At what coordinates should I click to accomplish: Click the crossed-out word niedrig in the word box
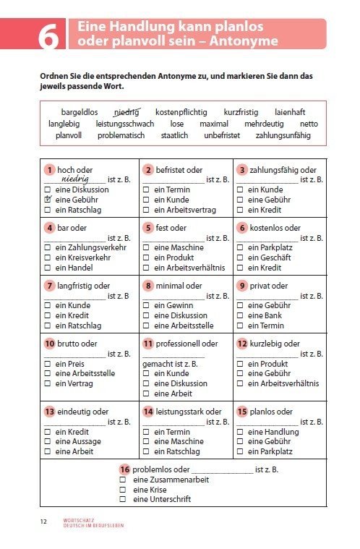click(127, 112)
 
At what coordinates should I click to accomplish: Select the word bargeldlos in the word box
click(80, 112)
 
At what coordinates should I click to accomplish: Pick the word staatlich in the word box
click(174, 135)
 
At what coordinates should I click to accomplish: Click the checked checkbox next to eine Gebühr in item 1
click(48, 200)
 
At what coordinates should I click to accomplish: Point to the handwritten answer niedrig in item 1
click(74, 177)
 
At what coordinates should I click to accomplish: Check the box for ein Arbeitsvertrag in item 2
click(146, 210)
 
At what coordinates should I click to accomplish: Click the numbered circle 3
click(241, 170)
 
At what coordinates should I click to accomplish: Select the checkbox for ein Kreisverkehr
click(48, 258)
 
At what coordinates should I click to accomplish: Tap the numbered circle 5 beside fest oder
click(147, 228)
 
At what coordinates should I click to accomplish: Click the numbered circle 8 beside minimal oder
click(147, 286)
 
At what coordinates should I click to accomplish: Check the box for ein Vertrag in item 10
click(48, 383)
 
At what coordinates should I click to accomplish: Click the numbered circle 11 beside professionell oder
click(147, 344)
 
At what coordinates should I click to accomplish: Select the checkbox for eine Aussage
click(48, 441)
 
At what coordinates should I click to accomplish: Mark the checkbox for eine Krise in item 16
click(123, 489)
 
